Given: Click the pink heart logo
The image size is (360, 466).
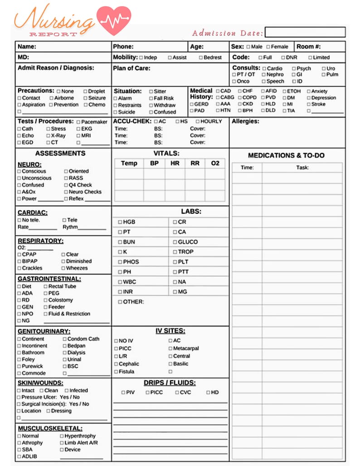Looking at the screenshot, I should coord(114,20).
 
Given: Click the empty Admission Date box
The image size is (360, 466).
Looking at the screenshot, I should coord(305,32).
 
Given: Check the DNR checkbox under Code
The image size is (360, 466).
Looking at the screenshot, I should coord(283,58).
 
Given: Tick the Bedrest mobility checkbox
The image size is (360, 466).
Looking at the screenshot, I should coord(200,58).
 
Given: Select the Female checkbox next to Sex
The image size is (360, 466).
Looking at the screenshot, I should coord(268,47).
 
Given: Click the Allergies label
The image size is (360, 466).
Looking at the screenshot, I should coord(245,122).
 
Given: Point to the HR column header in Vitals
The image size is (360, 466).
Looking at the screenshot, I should coord(175,163).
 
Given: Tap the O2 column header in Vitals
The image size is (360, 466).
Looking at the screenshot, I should coord(215,163).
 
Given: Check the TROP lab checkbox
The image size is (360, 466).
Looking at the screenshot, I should coord(175,252).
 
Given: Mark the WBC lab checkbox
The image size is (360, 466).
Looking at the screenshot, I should coord(120,282).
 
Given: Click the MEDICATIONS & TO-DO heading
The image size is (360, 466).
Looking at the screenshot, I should coord(286,155).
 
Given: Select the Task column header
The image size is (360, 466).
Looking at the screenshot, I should coord(302,167).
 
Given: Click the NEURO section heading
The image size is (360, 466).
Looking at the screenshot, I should coord(29,164).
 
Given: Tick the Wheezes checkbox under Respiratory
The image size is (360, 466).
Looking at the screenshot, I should coord(63,268).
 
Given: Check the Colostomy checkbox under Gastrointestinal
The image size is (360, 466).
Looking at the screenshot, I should coord(45,300).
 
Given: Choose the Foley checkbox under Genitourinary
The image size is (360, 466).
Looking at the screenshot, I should coord(19,360).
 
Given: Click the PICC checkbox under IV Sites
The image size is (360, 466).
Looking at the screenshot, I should coord(116,348).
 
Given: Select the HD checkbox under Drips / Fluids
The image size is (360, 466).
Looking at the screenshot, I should coord(208,392).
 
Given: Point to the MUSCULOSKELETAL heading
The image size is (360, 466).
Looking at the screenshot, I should coord(50,428).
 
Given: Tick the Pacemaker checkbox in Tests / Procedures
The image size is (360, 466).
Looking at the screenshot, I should coord(78,122).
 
